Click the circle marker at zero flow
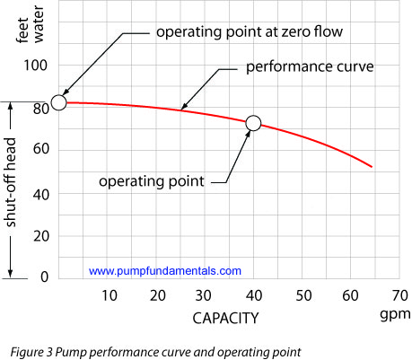[58, 102]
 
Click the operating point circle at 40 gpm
[253, 123]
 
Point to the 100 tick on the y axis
[36, 66]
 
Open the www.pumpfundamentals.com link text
[165, 270]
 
